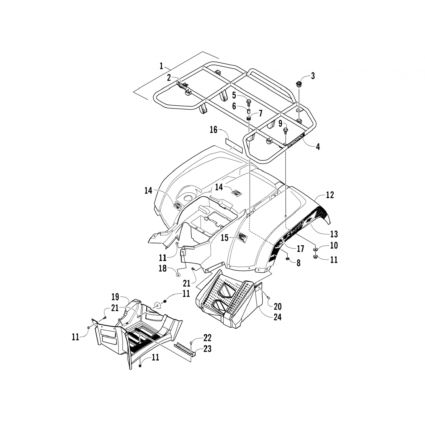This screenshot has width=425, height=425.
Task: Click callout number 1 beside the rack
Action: click(161, 66)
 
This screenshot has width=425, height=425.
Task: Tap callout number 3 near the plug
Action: click(313, 76)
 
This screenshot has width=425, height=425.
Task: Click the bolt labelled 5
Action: click(249, 101)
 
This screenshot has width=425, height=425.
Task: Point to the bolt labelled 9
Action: click(286, 131)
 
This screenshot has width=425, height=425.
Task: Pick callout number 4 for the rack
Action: click(318, 147)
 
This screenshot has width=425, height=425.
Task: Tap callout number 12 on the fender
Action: click(330, 195)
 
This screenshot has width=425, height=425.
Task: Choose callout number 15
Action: click(224, 238)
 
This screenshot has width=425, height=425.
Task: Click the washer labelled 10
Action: click(315, 249)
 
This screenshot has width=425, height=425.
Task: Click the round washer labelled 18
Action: click(178, 275)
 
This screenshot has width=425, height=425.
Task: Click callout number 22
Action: click(207, 338)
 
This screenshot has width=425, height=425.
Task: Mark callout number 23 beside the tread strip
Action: click(207, 349)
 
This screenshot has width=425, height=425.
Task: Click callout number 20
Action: click(277, 306)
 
